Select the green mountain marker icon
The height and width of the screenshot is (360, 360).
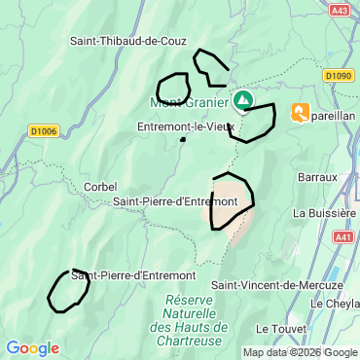point(243,100)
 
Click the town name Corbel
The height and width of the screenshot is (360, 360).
point(100,187)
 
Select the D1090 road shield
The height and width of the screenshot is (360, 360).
point(339,75)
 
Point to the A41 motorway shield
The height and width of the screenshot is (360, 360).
point(343,236)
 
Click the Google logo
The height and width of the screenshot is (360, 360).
point(32,348)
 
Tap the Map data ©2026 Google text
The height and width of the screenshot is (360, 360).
point(300,353)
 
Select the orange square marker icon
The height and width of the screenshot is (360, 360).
point(301,113)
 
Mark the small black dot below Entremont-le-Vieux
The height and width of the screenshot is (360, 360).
point(182,140)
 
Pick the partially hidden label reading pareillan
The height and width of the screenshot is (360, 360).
point(333,114)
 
